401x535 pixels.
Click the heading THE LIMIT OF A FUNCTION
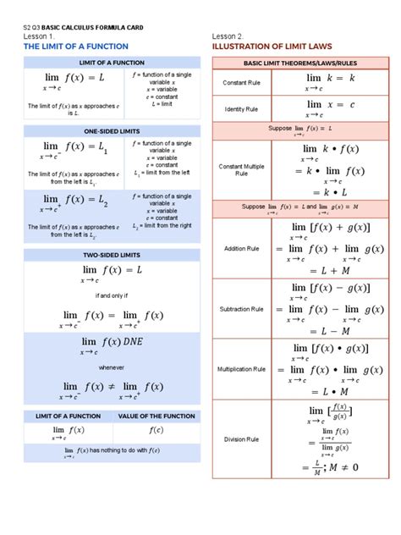[x=76, y=46]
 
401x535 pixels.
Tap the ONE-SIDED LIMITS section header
[x=112, y=131]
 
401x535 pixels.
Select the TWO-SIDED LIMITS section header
[x=112, y=253]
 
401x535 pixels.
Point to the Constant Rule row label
[x=241, y=82]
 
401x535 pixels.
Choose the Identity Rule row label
[x=241, y=109]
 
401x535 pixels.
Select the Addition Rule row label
[x=241, y=249]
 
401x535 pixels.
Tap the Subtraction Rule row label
[x=241, y=309]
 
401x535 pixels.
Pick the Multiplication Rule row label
[x=241, y=369]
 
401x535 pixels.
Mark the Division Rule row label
[x=241, y=438]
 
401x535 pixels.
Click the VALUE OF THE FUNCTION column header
[x=157, y=416]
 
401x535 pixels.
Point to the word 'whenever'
[x=110, y=367]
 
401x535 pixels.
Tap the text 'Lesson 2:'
[x=228, y=36]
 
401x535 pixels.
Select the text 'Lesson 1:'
[x=40, y=36]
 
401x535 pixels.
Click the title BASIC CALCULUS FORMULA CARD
[x=92, y=27]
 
